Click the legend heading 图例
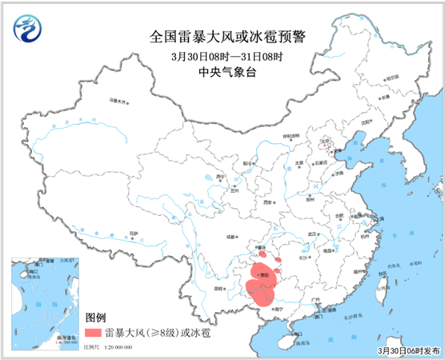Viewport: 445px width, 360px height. point(94,318)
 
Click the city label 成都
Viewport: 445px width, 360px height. point(231,237)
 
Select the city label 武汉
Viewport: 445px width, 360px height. point(323,234)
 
